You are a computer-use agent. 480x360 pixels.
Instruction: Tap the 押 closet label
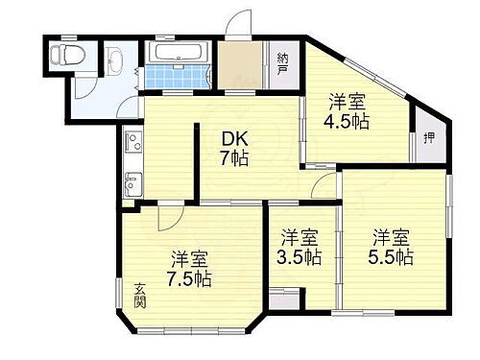point(427,138)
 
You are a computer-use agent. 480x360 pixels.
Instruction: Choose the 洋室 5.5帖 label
point(393,246)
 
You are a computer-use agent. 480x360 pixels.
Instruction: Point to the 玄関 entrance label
point(139,296)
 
